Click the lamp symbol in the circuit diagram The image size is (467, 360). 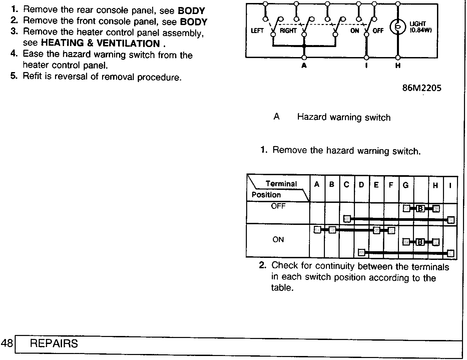point(398,27)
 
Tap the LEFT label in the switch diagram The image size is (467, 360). point(257,31)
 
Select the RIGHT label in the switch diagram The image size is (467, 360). point(288,31)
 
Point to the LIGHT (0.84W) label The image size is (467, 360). point(420,27)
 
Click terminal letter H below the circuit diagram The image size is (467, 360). point(398,65)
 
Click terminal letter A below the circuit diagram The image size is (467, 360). point(304,65)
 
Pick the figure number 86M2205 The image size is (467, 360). point(422,88)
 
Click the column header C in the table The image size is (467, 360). point(346,185)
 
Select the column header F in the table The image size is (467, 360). point(391,185)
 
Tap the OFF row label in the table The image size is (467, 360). point(278,206)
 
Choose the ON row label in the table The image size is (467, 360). point(278,240)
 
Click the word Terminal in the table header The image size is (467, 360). point(281,184)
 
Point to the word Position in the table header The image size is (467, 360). point(266,195)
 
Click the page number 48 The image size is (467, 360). point(7,343)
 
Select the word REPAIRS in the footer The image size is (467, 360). point(54,343)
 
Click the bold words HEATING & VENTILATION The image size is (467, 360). point(100,43)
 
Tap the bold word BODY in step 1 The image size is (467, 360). point(191,11)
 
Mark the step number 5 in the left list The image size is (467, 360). point(14,76)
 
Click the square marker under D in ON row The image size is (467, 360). point(362,252)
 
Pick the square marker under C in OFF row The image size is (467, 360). point(347,219)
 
